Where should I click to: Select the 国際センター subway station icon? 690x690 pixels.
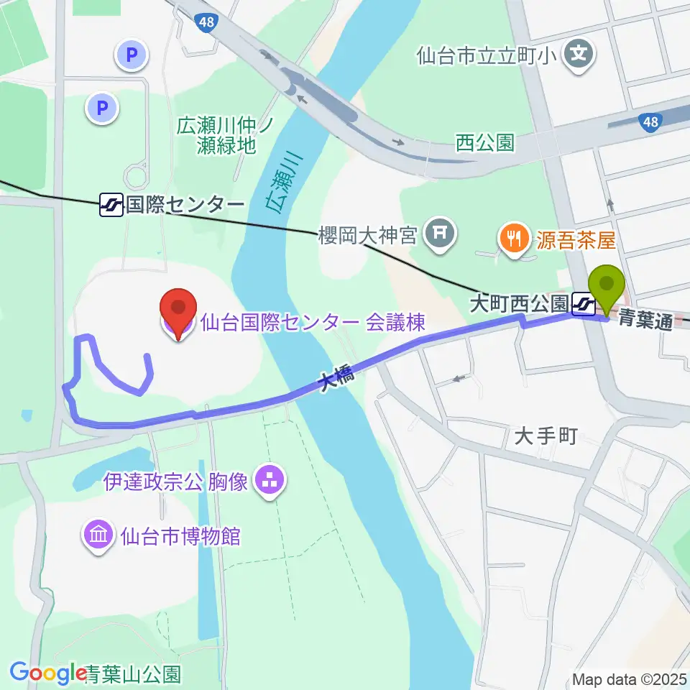(x=111, y=206)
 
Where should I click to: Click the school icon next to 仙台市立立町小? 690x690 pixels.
(x=579, y=54)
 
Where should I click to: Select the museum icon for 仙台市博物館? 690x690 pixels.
(x=99, y=535)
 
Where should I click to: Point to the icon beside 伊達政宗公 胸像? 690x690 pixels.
(x=270, y=479)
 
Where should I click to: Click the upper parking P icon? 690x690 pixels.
(x=132, y=53)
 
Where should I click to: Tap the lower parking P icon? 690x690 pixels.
(x=102, y=109)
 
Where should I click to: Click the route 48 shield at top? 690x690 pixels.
(x=206, y=24)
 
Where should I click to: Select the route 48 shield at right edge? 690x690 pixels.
(x=650, y=123)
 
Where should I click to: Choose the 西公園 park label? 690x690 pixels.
(x=486, y=142)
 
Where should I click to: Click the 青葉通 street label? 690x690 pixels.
(x=645, y=318)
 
